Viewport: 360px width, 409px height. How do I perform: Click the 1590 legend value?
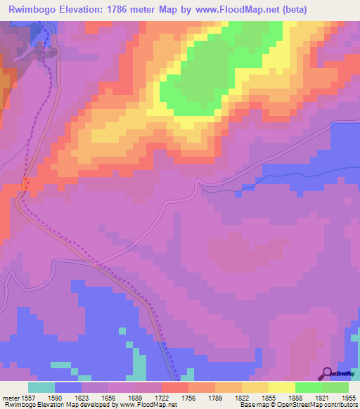(67, 397)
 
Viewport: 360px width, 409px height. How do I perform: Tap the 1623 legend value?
(94, 397)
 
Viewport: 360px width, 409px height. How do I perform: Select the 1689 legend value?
(148, 397)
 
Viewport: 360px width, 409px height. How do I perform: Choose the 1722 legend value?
(174, 397)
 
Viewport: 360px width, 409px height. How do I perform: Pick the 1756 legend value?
(201, 397)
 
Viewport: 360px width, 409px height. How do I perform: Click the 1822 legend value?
(255, 397)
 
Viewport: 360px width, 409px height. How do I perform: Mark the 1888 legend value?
(308, 397)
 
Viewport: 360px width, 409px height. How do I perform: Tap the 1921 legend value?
(335, 397)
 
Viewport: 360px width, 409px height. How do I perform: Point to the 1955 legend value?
(349, 397)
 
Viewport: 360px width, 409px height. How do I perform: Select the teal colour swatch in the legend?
(41, 387)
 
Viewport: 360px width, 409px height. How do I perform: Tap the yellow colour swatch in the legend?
(281, 387)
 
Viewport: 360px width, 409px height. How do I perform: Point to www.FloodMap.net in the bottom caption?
(148, 405)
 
